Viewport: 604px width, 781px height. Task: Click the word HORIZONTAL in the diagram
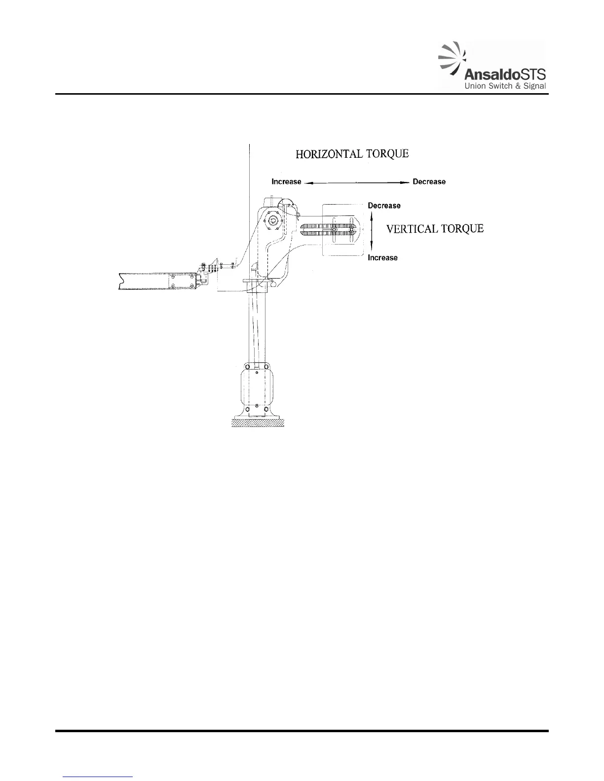(329, 154)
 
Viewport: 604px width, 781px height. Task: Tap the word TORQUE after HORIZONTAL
(388, 154)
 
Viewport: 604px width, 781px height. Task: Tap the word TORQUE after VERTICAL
(463, 229)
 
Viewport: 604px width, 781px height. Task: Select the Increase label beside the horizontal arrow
(286, 182)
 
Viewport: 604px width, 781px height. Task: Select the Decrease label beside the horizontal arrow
(429, 182)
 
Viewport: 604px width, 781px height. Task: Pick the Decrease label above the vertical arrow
(384, 206)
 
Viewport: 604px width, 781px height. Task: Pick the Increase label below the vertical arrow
(382, 258)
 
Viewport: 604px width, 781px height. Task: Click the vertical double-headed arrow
(372, 232)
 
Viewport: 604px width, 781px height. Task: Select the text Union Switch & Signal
(503, 87)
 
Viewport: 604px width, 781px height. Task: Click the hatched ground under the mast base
(258, 423)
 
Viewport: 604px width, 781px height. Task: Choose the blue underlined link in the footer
(98, 777)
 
